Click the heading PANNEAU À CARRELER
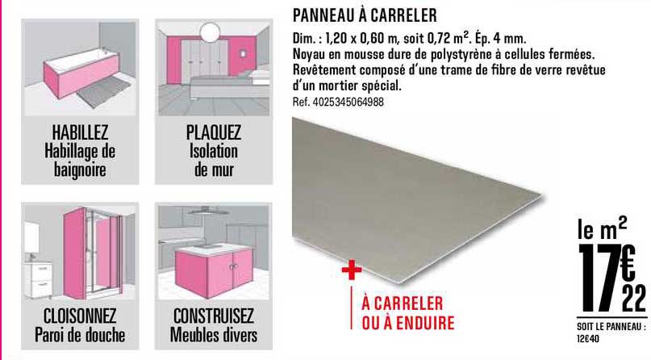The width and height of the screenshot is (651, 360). (x=364, y=15)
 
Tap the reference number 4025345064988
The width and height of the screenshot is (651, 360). (x=339, y=103)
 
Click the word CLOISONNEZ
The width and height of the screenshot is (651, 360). (x=80, y=315)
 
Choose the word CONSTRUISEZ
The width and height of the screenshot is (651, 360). (x=214, y=315)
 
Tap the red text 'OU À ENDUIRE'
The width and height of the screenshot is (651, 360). (x=408, y=324)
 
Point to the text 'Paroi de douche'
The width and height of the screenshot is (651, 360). (x=80, y=333)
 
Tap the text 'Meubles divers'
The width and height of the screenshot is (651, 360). (x=214, y=333)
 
